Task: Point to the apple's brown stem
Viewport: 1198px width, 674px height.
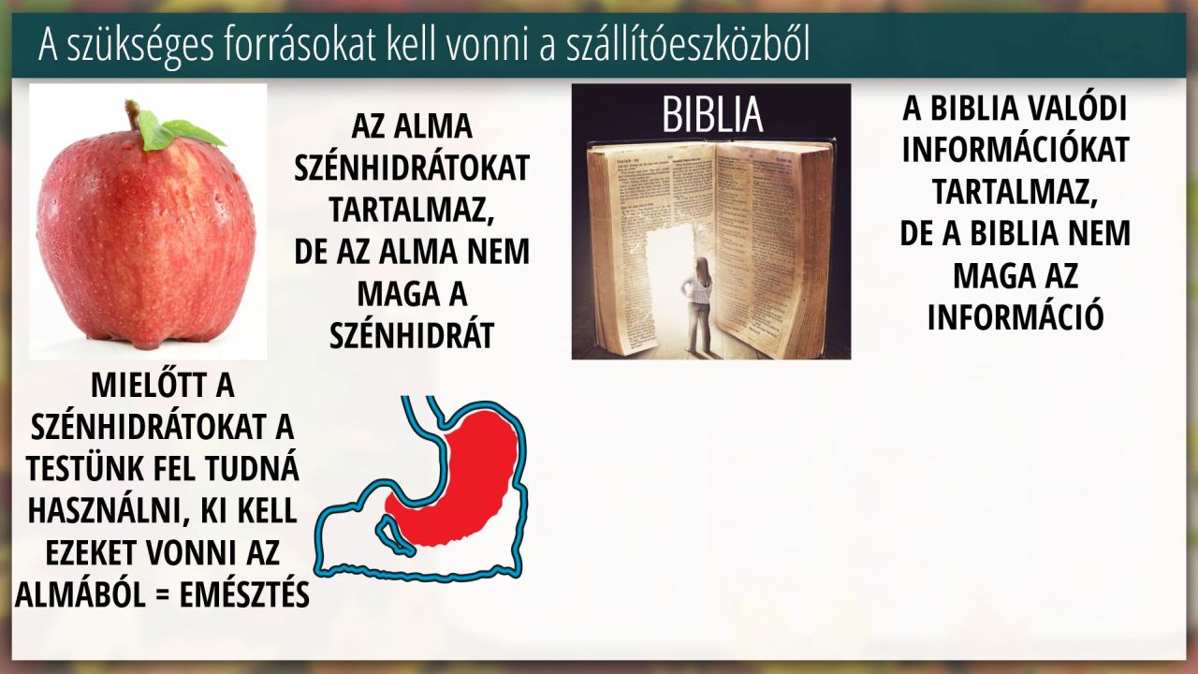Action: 133,114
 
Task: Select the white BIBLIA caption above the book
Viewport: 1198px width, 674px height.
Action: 712,114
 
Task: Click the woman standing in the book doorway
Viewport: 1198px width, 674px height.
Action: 699,306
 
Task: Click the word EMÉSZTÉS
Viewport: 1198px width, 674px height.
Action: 244,594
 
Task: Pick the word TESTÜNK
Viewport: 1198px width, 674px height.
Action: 84,469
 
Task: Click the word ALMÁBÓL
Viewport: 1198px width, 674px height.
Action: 80,594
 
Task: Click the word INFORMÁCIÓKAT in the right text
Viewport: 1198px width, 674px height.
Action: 1015,150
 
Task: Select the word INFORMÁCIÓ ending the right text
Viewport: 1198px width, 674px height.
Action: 1015,317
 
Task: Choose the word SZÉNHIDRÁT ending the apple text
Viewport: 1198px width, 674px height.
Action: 411,336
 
